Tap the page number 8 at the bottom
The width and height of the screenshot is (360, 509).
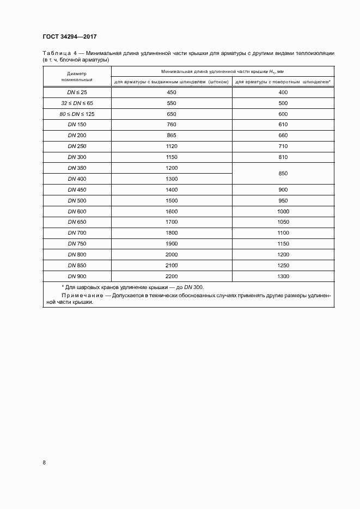click(x=44, y=463)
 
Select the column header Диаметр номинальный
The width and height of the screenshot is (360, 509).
click(x=77, y=76)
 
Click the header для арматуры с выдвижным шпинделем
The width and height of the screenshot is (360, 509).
click(x=171, y=82)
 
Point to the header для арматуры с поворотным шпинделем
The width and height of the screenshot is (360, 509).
click(x=283, y=82)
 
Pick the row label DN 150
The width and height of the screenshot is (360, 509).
click(x=77, y=125)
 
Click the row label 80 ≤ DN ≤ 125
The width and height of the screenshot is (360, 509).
click(x=77, y=114)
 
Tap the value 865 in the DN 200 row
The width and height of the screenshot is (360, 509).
click(x=171, y=136)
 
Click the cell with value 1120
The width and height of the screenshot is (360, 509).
click(x=171, y=146)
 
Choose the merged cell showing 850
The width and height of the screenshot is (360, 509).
click(x=283, y=173)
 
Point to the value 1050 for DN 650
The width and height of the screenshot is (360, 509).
click(x=283, y=222)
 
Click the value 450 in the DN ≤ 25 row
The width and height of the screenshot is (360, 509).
click(x=171, y=93)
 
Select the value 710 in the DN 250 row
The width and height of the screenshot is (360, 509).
click(x=283, y=146)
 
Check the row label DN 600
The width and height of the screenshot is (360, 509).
click(x=77, y=211)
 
